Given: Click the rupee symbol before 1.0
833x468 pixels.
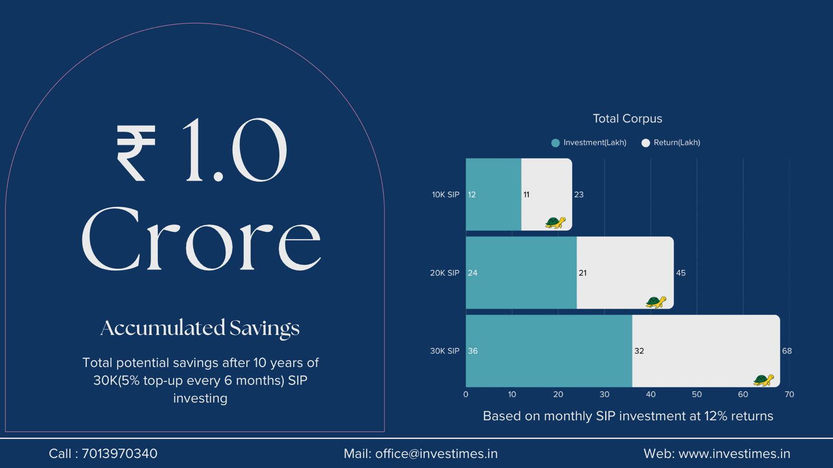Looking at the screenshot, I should coord(135,153).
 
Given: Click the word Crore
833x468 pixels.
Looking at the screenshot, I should coord(200,239).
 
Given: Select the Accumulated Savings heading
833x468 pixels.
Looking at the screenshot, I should coord(200,328).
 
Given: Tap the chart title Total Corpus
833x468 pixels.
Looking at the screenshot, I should coord(627,119).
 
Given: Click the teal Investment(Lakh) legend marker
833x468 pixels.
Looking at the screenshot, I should coord(556,143).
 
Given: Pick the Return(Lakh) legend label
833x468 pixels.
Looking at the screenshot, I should coord(676,142).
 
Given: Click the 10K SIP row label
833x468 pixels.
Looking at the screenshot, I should coord(446,194).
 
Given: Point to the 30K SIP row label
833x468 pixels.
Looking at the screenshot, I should coord(445,351).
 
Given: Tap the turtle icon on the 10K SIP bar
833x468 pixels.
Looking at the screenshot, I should coord(555,223).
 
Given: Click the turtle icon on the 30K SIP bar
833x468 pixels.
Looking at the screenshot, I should coord(763,380).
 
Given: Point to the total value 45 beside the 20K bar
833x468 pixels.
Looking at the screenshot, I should coord(680,273).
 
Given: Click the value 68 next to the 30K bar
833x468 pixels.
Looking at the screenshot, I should coord(787,351).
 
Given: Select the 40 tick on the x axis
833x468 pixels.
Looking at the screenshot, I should coord(650,395).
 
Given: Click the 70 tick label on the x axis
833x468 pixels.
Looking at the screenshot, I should coord(789,395).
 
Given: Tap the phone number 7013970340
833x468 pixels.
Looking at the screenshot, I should coord(120,454).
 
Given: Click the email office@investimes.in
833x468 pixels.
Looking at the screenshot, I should coord(436,454).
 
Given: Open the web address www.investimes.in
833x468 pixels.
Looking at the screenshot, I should coord(734,454).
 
